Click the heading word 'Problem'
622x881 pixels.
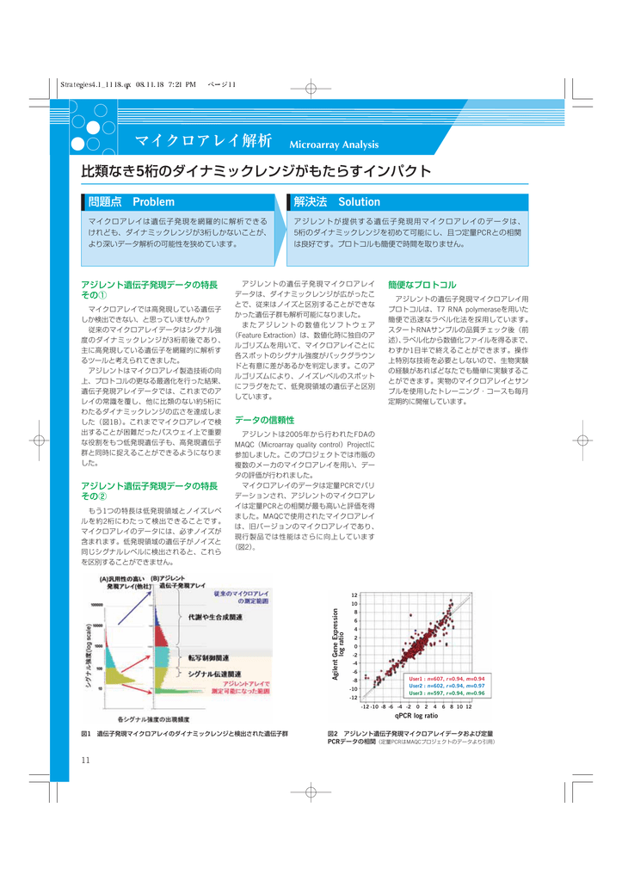click(x=153, y=202)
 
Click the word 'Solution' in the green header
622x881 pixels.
click(x=359, y=202)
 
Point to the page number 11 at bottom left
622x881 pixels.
click(x=86, y=758)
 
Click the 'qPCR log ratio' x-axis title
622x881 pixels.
click(x=416, y=716)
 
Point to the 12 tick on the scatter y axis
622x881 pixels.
click(x=354, y=595)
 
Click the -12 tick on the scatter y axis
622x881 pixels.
click(x=353, y=698)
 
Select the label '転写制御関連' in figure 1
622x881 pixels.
click(x=209, y=656)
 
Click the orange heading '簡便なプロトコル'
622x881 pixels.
click(x=422, y=284)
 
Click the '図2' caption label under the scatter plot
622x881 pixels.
click(x=333, y=733)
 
